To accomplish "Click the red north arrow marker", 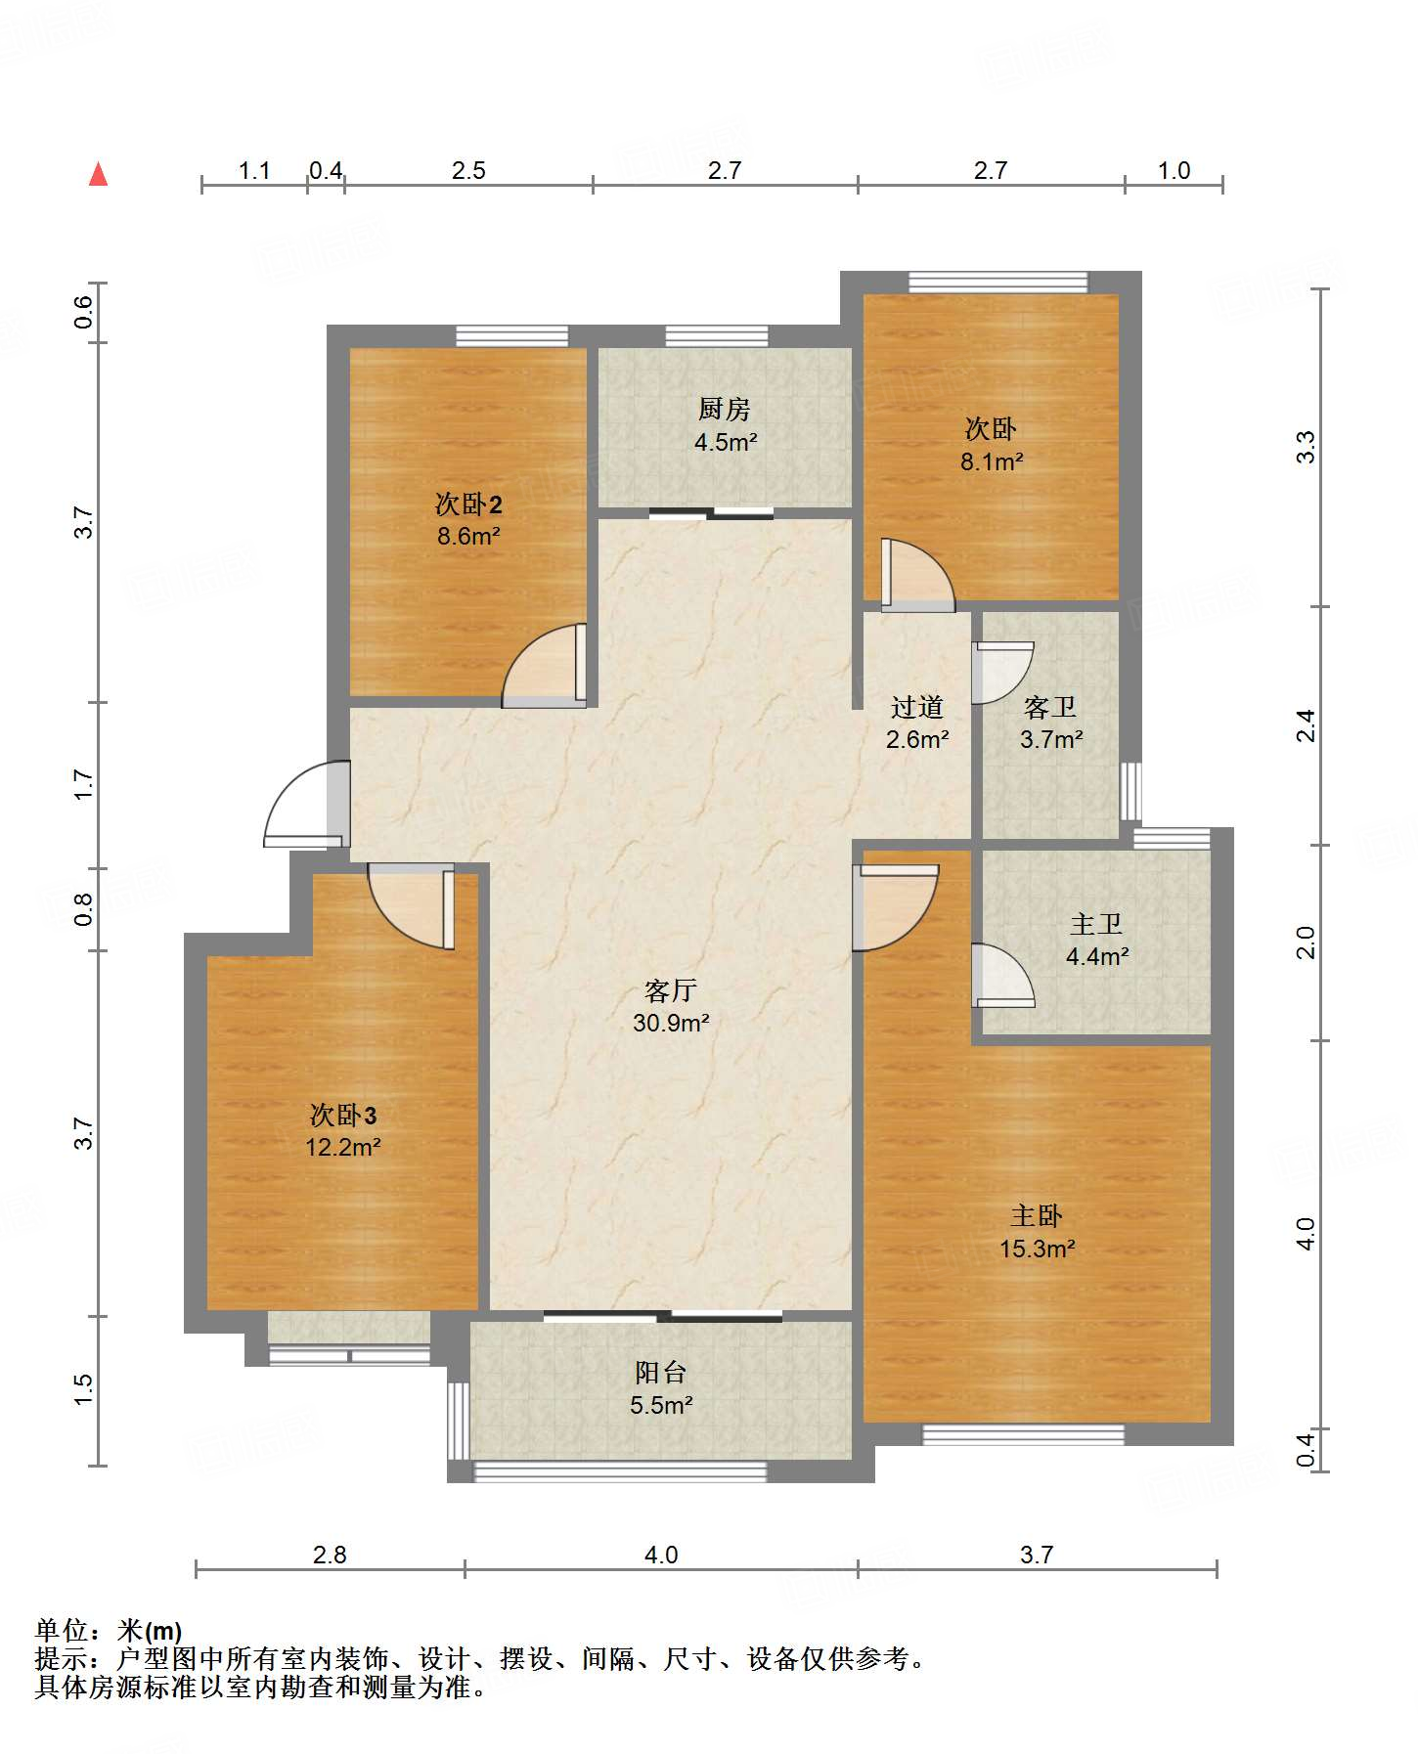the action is (98, 174).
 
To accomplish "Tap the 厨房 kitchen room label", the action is (725, 409).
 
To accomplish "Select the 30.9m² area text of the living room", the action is (671, 1024).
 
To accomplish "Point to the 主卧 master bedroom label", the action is (1037, 1216).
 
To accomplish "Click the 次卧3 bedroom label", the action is (343, 1115).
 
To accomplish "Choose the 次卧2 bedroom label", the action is (468, 504).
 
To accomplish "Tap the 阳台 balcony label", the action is (661, 1373).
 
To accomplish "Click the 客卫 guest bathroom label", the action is (1050, 707).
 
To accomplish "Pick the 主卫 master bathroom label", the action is (1096, 924).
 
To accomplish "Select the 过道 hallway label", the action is (917, 707).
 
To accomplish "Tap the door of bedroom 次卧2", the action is (544, 666).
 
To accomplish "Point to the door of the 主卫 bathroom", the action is (1002, 976).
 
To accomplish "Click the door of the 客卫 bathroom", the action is (1002, 673).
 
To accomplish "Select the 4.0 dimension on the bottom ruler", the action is (661, 1555).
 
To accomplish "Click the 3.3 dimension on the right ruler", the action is (1307, 447).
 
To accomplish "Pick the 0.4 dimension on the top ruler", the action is (326, 170).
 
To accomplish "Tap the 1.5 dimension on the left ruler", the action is (83, 1389).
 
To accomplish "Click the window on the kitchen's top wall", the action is (717, 336).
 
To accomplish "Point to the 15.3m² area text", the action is (1038, 1249).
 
